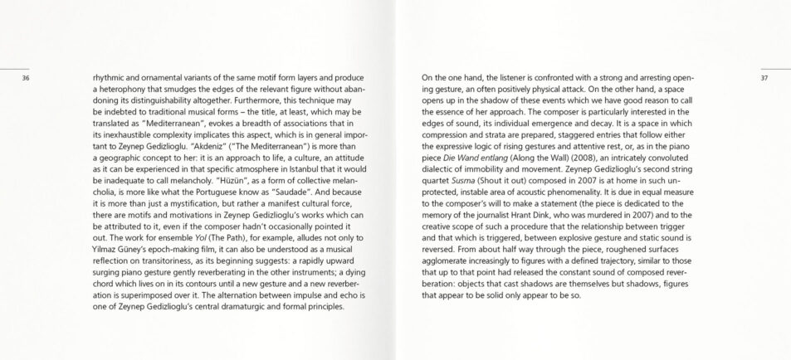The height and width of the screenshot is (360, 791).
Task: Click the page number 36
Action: (x=26, y=78)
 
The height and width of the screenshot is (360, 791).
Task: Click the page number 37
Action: (x=764, y=78)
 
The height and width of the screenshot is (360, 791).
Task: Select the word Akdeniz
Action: (x=211, y=141)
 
